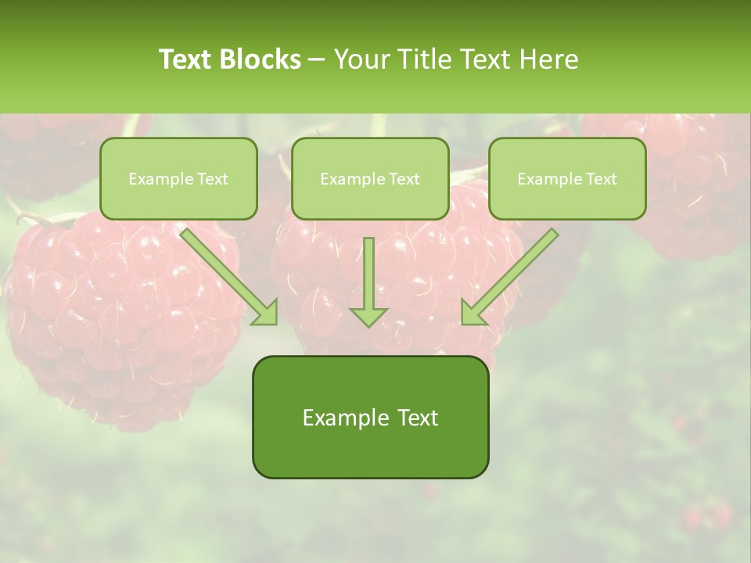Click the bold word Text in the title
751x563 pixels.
coord(186,59)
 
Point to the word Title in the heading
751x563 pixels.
coord(425,59)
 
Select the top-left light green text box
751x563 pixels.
coord(178,178)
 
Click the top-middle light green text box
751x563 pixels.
coord(370,178)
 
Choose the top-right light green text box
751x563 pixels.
coord(567,178)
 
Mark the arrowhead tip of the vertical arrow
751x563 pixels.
coord(368,325)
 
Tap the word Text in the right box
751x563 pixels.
coord(602,179)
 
